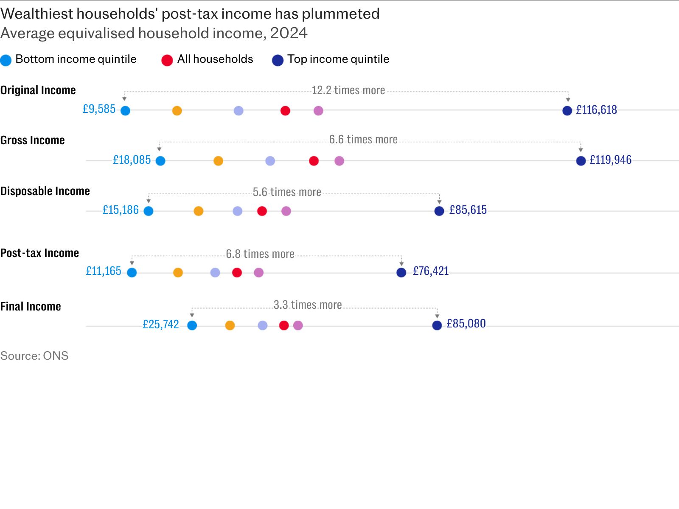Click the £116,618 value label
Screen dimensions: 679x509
coord(596,110)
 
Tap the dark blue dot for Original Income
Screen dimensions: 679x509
coord(567,111)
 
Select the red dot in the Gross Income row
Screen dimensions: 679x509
coord(314,161)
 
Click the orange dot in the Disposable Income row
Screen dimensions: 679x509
coord(198,211)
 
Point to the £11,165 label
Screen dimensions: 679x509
coord(103,271)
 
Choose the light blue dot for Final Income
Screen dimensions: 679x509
coord(192,325)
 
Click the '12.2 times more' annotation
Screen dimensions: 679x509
coord(348,90)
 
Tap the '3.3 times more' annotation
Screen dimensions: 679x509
coord(308,305)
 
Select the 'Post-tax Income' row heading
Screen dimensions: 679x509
coord(39,253)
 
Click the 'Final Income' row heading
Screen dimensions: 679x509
coord(30,306)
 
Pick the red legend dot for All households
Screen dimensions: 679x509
coord(167,60)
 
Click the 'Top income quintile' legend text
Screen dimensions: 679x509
coord(338,59)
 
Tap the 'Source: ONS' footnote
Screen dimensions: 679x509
coord(34,356)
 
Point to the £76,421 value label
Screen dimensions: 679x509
coord(431,271)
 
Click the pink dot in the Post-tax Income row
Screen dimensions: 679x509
coord(258,273)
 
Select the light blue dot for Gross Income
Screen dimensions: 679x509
coord(160,161)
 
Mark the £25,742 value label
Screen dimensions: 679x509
coord(160,324)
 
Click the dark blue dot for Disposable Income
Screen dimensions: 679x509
coord(439,211)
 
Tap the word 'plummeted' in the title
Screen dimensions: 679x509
coord(341,14)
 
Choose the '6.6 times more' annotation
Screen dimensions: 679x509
coord(363,140)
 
